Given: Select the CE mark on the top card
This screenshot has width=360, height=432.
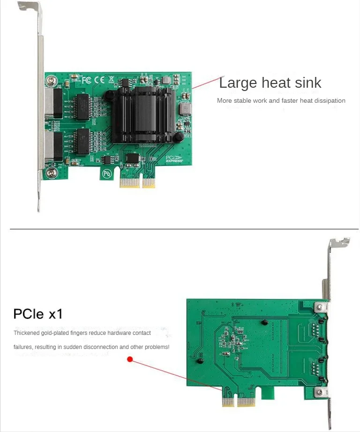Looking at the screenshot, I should [99, 80].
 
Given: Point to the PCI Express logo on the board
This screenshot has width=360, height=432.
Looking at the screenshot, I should [175, 159].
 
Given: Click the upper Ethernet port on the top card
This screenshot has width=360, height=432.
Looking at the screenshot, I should [56, 103].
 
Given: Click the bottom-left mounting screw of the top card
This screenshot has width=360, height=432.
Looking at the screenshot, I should [50, 174].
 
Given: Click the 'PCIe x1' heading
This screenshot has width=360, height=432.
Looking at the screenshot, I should [38, 313].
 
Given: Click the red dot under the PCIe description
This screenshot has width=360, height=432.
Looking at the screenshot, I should [130, 360].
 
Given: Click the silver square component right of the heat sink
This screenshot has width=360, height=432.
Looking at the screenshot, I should [186, 109].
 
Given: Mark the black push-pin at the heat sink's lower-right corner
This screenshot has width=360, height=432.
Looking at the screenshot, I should [178, 137].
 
